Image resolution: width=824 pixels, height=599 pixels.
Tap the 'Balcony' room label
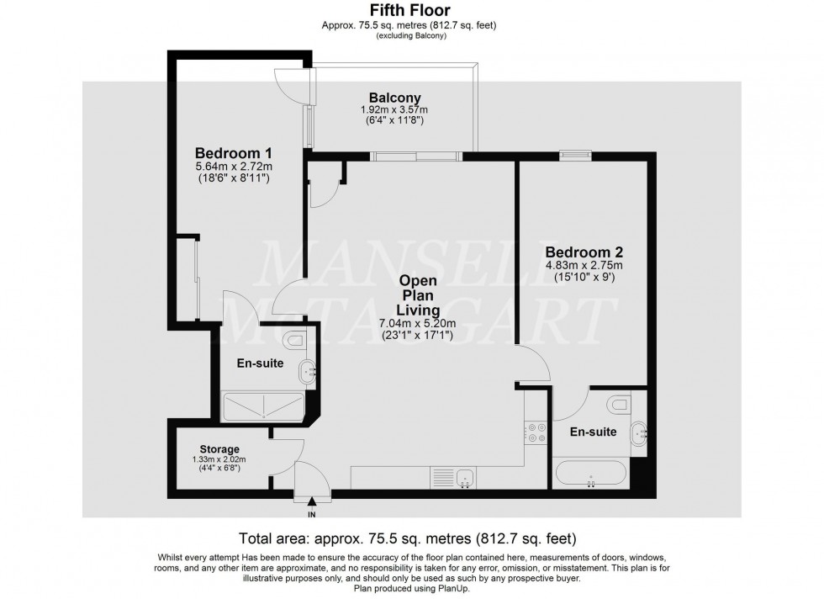pos(394,98)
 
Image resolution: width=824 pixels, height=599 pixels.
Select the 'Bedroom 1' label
pos(233,153)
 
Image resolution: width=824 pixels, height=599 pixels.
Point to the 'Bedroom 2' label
pos(583,252)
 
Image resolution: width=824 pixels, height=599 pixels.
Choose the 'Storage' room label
pos(219,448)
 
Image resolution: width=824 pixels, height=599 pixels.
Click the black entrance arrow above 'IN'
pos(313,501)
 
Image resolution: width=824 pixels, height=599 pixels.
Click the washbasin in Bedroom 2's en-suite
pos(638,433)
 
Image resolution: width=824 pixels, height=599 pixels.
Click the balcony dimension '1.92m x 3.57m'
pos(394,110)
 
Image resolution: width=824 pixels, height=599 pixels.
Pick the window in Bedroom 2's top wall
pos(576,154)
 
